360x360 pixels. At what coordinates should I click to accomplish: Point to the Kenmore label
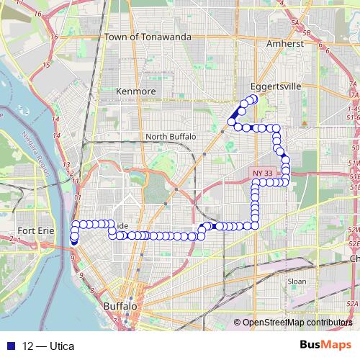point(135,91)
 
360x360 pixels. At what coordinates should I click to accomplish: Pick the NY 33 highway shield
point(262,174)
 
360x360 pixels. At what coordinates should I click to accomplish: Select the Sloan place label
point(297,281)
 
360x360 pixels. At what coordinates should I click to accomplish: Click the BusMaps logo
point(325,345)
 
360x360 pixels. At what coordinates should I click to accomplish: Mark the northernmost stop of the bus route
point(253,99)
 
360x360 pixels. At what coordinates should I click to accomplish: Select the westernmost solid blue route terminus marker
point(74,241)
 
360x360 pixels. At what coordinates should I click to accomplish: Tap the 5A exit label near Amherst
point(294,24)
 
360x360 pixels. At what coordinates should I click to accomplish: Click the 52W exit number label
point(353,229)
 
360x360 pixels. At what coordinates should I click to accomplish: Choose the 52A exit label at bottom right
point(352,305)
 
